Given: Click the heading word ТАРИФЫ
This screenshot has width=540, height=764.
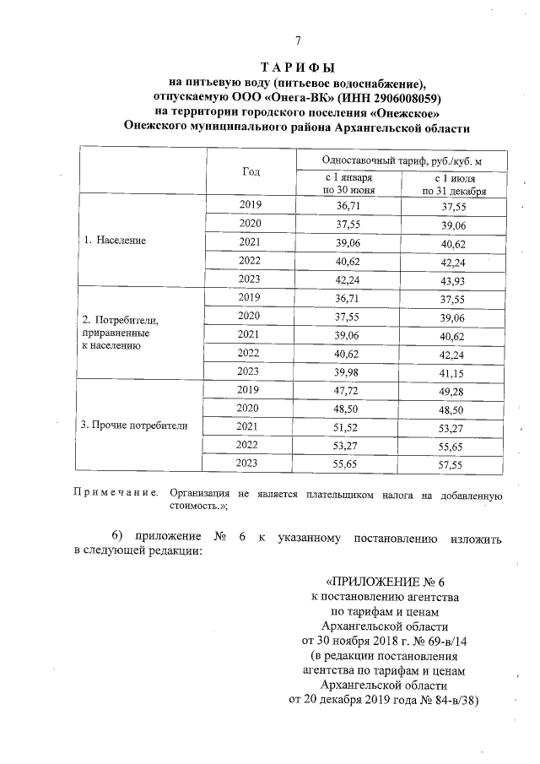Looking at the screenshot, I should [297, 67].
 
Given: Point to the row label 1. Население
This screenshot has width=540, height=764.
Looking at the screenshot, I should [114, 241].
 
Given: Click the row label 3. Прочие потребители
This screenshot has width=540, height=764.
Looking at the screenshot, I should [134, 425].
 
